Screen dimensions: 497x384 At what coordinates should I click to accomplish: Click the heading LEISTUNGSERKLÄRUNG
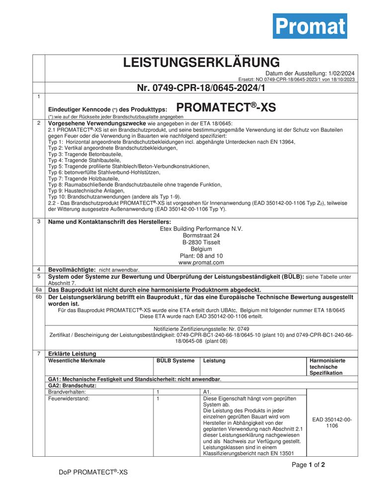(x=201, y=63)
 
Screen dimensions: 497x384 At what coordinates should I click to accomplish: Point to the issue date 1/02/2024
(x=341, y=73)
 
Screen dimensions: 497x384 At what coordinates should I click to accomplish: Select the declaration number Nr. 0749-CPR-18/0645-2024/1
(x=201, y=88)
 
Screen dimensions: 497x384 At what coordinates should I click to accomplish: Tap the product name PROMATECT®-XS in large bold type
(x=226, y=107)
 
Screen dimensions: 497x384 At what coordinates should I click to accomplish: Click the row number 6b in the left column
(x=38, y=297)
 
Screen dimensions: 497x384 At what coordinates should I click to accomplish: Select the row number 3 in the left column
(x=38, y=222)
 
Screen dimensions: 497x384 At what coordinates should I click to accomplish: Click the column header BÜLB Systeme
(x=175, y=360)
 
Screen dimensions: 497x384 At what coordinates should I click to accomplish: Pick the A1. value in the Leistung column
(x=208, y=392)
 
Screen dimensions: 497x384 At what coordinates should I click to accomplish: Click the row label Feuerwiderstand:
(x=69, y=399)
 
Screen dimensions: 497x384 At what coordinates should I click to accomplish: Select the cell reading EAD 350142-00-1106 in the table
(x=332, y=422)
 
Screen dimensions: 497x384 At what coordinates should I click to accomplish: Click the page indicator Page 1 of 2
(x=308, y=465)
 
